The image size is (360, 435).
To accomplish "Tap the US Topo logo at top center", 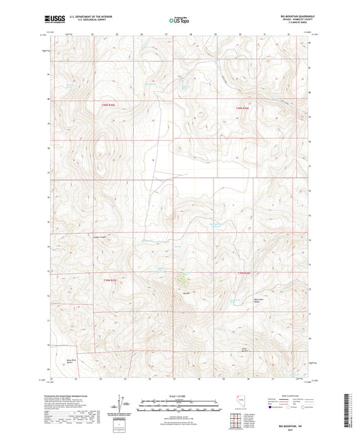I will pos(179,20).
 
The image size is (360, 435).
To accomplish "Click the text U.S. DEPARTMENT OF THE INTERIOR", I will pos(88,16).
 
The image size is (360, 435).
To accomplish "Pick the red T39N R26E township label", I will pos(244,272).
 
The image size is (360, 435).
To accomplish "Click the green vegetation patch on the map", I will pos(182,278).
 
